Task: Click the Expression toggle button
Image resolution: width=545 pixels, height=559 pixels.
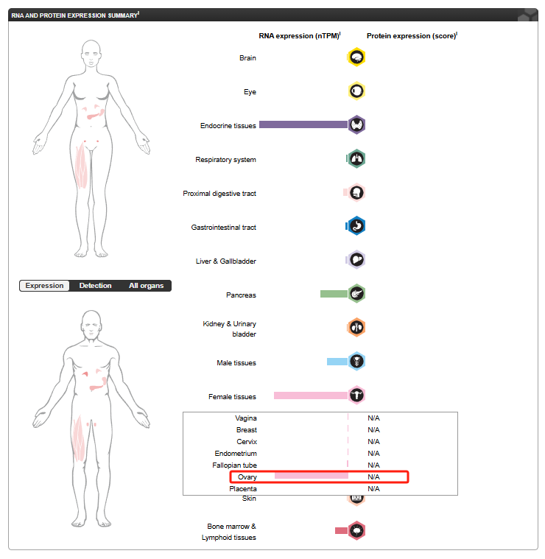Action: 44,286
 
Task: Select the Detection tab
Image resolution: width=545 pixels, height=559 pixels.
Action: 95,286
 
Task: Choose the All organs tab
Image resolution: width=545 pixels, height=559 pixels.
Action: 146,286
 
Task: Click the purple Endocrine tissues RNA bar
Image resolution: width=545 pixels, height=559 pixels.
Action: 303,124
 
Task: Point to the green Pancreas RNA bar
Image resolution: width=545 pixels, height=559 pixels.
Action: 334,294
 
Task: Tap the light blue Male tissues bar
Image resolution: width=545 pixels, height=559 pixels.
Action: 337,362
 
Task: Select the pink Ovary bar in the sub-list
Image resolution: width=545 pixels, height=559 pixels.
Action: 312,476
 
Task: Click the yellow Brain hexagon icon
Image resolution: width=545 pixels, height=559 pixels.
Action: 356,57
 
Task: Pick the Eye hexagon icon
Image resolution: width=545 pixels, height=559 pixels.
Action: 356,91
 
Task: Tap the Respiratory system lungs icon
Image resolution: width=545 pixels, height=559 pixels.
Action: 356,158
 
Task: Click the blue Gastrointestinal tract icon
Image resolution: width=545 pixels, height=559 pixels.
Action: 356,225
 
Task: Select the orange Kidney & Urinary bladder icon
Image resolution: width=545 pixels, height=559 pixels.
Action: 356,327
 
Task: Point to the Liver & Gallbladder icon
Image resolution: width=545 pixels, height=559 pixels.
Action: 356,259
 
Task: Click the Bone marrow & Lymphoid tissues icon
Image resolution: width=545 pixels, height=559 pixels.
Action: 356,531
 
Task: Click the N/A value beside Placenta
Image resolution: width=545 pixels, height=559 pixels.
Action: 373,489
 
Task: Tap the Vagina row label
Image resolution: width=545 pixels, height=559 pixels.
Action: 246,418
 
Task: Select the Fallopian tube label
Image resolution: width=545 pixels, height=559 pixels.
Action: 234,465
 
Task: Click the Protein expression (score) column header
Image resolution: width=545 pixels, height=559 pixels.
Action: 412,36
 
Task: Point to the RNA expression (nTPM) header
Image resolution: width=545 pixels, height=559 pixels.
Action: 300,36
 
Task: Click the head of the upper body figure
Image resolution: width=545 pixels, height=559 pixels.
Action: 91,52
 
